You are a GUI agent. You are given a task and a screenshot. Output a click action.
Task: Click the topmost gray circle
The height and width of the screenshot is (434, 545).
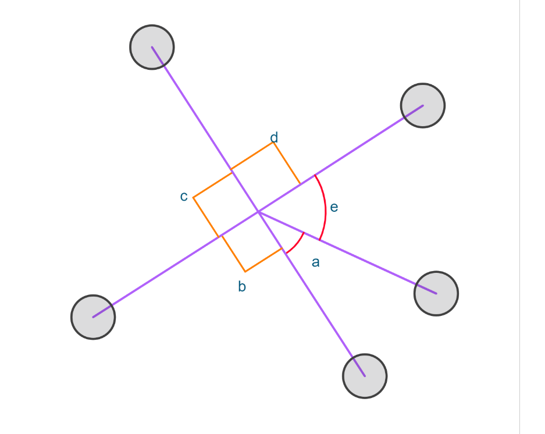pyautogui.click(x=152, y=47)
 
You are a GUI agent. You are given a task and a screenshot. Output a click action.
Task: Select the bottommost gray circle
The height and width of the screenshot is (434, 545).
pyautogui.click(x=365, y=376)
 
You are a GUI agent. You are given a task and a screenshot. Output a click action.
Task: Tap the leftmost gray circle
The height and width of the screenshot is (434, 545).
pyautogui.click(x=93, y=317)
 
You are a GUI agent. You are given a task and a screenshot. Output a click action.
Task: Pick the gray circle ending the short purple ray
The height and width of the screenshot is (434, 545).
pyautogui.click(x=436, y=294)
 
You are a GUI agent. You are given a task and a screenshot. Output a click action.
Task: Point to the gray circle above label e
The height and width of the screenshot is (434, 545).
pyautogui.click(x=423, y=105)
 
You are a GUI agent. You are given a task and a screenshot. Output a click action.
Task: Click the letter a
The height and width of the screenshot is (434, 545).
pyautogui.click(x=316, y=262)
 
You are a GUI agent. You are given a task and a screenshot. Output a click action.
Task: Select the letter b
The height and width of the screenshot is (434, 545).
pyautogui.click(x=242, y=286)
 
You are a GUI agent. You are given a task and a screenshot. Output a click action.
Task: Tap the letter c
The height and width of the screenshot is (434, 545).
pyautogui.click(x=184, y=197)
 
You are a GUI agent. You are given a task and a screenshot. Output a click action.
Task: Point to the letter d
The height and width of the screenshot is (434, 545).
pyautogui.click(x=274, y=137)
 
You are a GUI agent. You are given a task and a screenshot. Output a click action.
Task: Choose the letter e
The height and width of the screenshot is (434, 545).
pyautogui.click(x=334, y=207)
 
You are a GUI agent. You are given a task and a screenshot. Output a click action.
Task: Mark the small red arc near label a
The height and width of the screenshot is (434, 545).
pyautogui.click(x=297, y=244)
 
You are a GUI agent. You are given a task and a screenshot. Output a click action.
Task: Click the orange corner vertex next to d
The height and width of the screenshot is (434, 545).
pyautogui.click(x=273, y=143)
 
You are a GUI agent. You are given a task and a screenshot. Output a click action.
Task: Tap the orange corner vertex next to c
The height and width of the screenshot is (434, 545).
pyautogui.click(x=193, y=198)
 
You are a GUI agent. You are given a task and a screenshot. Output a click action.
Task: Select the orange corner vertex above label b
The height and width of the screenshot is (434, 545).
pyautogui.click(x=245, y=271)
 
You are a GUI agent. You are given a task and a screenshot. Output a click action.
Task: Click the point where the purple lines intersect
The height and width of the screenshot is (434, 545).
pyautogui.click(x=258, y=211)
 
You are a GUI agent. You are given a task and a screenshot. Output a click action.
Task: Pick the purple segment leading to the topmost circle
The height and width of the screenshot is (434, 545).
pyautogui.click(x=205, y=129)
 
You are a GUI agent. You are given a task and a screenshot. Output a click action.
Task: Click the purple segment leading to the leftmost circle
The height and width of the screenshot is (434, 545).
pyautogui.click(x=176, y=264)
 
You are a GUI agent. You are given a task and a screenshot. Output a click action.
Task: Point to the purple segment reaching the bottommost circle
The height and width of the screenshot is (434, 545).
pyautogui.click(x=311, y=294)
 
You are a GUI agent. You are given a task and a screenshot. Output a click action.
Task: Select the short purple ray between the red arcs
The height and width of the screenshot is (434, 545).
pyautogui.click(x=347, y=252)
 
